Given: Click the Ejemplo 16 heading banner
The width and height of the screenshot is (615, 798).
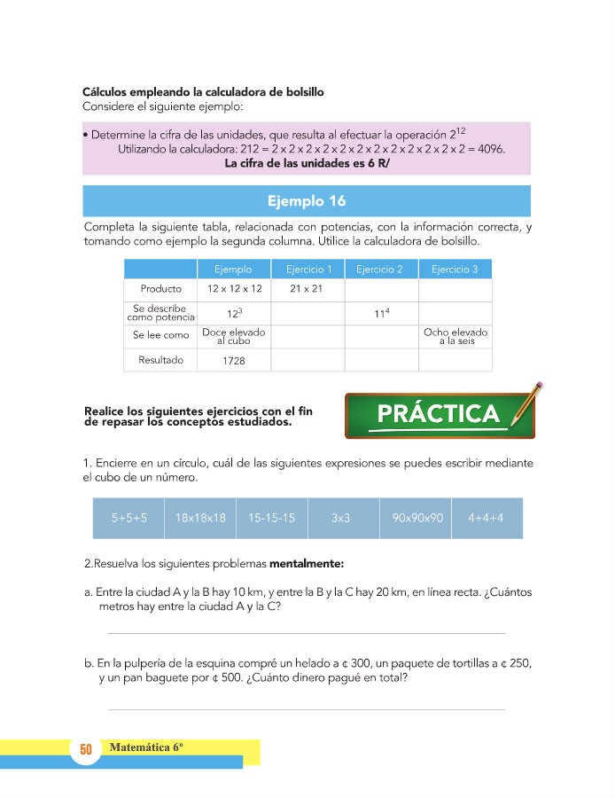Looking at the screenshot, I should point(306,200).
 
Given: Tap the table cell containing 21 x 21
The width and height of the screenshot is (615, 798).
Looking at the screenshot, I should point(307,289).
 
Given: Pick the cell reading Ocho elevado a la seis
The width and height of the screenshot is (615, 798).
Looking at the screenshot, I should point(455,336).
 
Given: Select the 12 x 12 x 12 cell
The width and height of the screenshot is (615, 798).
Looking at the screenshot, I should point(234,289).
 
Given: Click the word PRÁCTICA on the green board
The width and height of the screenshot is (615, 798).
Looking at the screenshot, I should point(438,414).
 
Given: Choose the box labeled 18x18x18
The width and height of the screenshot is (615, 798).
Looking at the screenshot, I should point(200,518).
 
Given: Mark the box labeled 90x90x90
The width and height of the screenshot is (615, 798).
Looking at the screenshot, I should point(416,518).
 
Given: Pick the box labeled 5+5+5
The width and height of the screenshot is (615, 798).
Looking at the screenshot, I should point(128,518).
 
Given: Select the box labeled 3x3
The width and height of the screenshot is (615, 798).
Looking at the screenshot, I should point(343,518).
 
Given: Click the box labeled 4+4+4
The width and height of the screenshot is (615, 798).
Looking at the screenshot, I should point(487,518).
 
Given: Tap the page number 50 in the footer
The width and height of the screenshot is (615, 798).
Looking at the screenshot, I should point(86,750).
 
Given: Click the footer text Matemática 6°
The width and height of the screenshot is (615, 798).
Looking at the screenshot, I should point(146,747).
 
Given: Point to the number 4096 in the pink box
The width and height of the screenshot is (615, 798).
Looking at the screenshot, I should point(487,149).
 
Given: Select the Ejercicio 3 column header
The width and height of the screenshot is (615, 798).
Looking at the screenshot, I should point(455,270).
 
